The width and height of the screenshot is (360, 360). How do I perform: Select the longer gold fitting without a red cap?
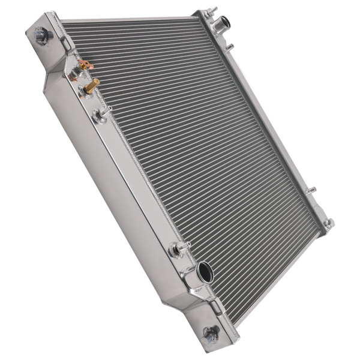point(91,86)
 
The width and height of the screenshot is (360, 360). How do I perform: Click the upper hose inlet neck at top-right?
point(223,24)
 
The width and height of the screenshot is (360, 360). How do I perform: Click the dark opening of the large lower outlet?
point(206,273)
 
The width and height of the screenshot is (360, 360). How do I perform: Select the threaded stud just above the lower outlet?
point(179,247)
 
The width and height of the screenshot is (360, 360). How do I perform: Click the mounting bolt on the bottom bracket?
point(211,332)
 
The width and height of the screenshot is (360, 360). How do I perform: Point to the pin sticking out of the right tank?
point(310,191)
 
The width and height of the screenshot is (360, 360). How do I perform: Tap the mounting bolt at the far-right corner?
point(328,223)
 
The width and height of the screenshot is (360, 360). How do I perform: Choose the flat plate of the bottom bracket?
point(207,324)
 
